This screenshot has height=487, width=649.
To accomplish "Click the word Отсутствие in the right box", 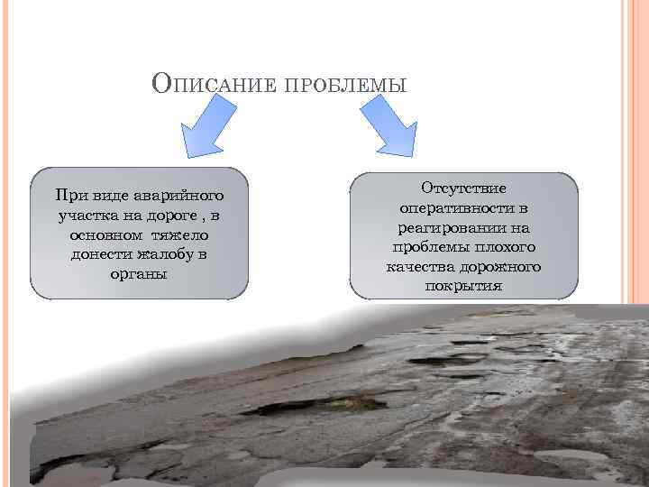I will (463, 188).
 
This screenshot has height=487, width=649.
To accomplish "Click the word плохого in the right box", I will (505, 247).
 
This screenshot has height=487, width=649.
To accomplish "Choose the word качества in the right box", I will (418, 267).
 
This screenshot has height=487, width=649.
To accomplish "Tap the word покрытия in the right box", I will (463, 287).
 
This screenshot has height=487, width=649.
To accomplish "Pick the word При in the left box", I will (69, 196).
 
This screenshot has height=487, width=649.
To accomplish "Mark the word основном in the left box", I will (98, 234).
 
